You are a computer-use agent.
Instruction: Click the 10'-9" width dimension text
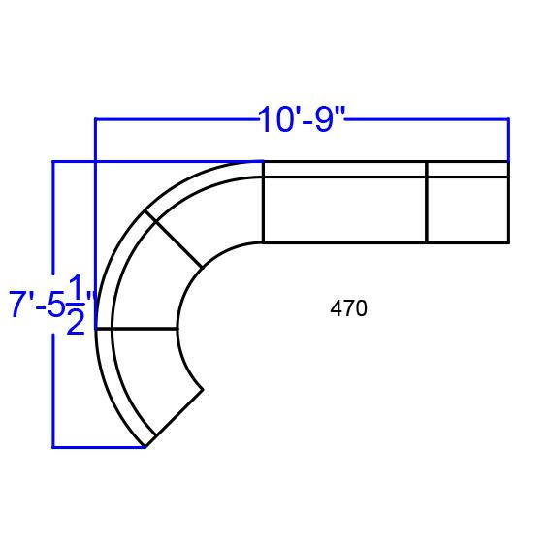coord(301,119)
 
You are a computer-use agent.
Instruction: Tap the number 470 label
coord(348,308)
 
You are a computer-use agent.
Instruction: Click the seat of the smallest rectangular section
coord(467,209)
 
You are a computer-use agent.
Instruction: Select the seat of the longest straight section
coord(344,209)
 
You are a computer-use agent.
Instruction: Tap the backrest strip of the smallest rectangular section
coord(467,170)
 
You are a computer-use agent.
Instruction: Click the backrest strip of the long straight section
coord(344,170)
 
